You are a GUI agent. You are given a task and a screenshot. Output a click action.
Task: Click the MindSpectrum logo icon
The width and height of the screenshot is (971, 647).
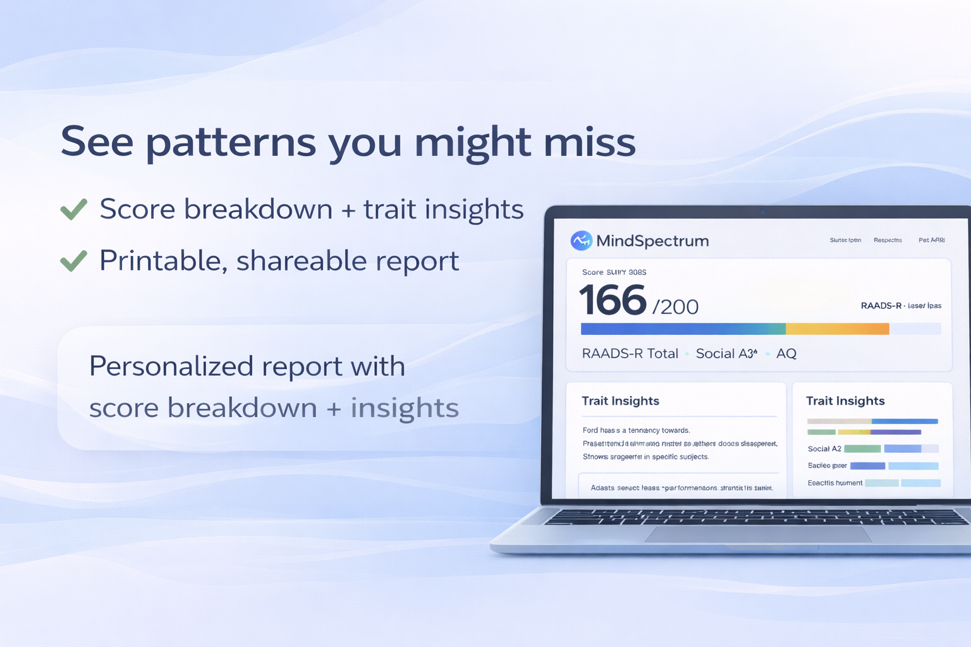(581, 241)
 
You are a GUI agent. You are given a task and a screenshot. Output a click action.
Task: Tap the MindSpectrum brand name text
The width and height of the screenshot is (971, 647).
(652, 241)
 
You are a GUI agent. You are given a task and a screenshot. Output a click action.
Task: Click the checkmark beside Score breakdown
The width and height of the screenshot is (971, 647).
(74, 209)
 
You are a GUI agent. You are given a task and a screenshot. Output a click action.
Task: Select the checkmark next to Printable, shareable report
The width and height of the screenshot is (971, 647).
(74, 260)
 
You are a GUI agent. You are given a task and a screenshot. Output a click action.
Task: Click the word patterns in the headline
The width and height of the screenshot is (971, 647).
(230, 143)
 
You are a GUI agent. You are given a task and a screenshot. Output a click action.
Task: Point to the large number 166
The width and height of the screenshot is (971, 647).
(612, 301)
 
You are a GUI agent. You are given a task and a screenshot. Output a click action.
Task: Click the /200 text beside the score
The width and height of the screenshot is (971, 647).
(675, 307)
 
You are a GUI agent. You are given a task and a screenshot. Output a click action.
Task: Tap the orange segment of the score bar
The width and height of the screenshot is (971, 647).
(837, 329)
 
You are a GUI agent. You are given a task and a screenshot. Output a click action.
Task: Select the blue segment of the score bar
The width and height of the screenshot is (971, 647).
(664, 329)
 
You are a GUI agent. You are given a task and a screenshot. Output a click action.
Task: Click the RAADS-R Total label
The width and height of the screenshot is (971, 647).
(630, 354)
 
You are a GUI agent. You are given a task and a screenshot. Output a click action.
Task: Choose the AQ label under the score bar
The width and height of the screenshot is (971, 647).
(786, 354)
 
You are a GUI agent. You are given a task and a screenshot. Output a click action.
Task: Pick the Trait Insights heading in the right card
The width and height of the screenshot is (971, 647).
(845, 401)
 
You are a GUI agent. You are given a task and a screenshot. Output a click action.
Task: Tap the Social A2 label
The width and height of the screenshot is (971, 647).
(824, 449)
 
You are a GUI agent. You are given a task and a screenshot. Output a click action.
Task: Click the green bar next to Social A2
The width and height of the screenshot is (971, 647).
(862, 449)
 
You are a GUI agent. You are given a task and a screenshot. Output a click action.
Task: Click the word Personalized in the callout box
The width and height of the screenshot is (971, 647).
(170, 366)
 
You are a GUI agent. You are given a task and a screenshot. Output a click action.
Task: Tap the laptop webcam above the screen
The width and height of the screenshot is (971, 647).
(763, 212)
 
